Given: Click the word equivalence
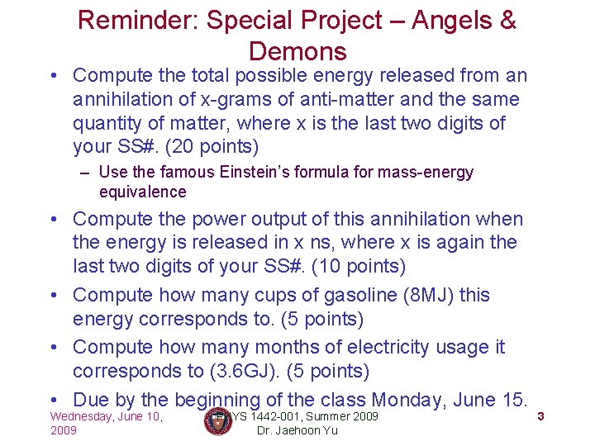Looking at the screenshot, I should [142, 192].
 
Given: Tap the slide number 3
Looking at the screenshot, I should [540, 416].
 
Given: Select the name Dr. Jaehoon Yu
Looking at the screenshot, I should [297, 431].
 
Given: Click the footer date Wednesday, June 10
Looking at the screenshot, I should [106, 416].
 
